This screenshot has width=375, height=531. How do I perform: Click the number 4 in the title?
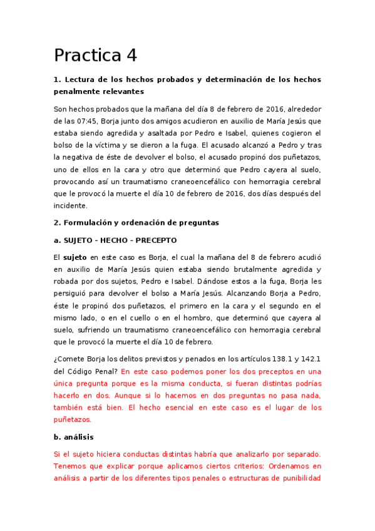pos(131,56)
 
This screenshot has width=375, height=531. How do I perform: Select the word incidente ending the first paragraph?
pos(70,205)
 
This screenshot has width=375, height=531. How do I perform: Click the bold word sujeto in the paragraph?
pos(75,257)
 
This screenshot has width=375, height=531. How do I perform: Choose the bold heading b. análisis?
pos(74,437)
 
